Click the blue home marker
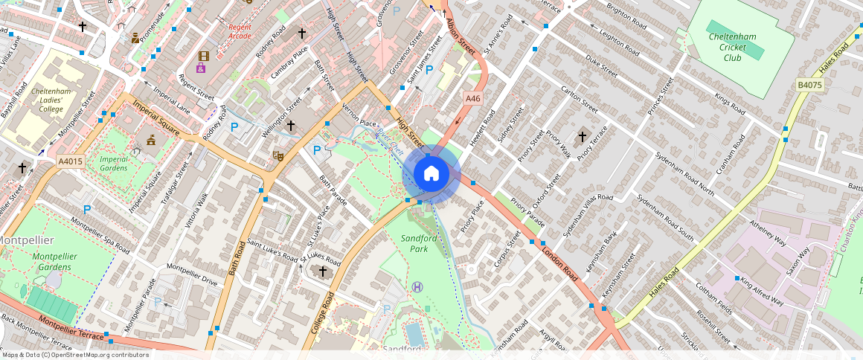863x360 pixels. pyautogui.click(x=431, y=174)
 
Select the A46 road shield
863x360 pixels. pyautogui.click(x=472, y=97)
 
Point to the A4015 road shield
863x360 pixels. pyautogui.click(x=70, y=161)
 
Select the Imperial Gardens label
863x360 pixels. pyautogui.click(x=115, y=163)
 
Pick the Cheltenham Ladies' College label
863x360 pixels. pyautogui.click(x=51, y=99)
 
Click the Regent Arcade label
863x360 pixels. pyautogui.click(x=240, y=31)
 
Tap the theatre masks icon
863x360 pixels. pyautogui.click(x=278, y=155)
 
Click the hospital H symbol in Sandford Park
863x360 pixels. pyautogui.click(x=418, y=286)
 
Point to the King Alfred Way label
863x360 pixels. pyautogui.click(x=762, y=292)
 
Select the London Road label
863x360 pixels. pyautogui.click(x=562, y=263)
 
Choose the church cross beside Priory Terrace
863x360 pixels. pyautogui.click(x=583, y=136)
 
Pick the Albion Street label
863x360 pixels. pyautogui.click(x=461, y=36)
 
